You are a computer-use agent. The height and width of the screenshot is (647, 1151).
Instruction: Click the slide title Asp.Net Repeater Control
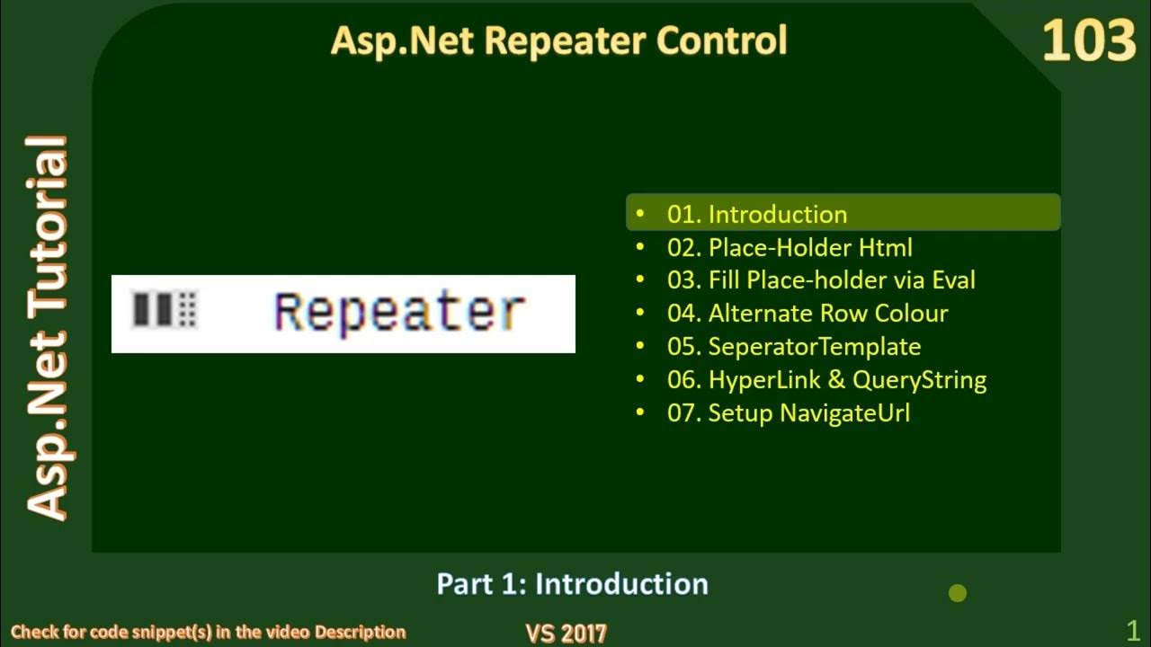558,41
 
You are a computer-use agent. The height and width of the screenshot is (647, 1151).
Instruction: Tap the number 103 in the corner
1088,42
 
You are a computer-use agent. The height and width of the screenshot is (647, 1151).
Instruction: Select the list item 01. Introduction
757,214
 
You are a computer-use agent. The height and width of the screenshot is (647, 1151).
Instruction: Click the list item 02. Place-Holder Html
790,247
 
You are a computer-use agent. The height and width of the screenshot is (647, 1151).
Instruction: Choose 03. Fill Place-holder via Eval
821,280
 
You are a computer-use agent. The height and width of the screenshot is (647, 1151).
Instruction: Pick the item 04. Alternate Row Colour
807,314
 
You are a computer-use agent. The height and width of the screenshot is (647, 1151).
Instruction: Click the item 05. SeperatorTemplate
794,347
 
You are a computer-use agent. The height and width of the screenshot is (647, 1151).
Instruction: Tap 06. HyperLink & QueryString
826,380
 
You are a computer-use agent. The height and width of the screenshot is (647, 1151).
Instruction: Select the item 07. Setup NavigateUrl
789,413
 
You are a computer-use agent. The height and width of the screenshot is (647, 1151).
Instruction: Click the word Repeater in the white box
399,312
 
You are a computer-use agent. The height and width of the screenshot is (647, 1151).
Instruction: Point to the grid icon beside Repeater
165,309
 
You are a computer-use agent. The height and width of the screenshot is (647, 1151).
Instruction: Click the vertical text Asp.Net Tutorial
47,328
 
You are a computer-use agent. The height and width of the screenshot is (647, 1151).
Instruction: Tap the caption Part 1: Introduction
572,584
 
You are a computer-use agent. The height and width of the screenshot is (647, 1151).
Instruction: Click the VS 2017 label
566,633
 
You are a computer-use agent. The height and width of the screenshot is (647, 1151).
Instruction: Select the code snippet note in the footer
209,633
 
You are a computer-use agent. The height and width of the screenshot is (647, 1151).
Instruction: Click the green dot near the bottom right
958,593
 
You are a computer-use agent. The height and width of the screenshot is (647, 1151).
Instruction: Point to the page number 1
1133,629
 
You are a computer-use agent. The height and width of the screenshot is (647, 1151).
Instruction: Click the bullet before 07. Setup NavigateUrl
640,413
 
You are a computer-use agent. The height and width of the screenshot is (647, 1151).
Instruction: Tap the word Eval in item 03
953,280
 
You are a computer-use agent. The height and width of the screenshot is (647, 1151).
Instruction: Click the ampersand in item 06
836,380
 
